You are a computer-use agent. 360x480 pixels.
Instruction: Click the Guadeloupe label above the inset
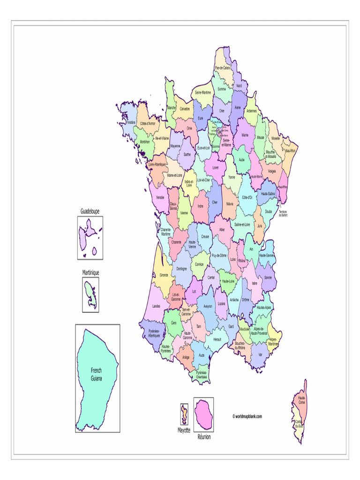point(90,211)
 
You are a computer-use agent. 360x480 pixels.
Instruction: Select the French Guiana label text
point(96,374)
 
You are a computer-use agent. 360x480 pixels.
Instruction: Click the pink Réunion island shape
point(203,413)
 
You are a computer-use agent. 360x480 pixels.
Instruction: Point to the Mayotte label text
point(184,430)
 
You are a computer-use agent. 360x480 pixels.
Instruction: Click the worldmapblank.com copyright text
point(247,416)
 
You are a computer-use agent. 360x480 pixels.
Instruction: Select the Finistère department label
point(131,122)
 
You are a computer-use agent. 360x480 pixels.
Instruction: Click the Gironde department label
point(164,275)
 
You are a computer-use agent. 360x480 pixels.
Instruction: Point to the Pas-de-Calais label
point(222,67)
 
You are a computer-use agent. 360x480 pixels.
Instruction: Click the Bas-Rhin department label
point(291,151)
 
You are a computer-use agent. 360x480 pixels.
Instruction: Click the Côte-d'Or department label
point(247,198)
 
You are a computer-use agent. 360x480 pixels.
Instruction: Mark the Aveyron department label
point(208,306)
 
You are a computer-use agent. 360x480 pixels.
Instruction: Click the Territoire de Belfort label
point(283,213)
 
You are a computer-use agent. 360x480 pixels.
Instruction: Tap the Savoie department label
point(268,277)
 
